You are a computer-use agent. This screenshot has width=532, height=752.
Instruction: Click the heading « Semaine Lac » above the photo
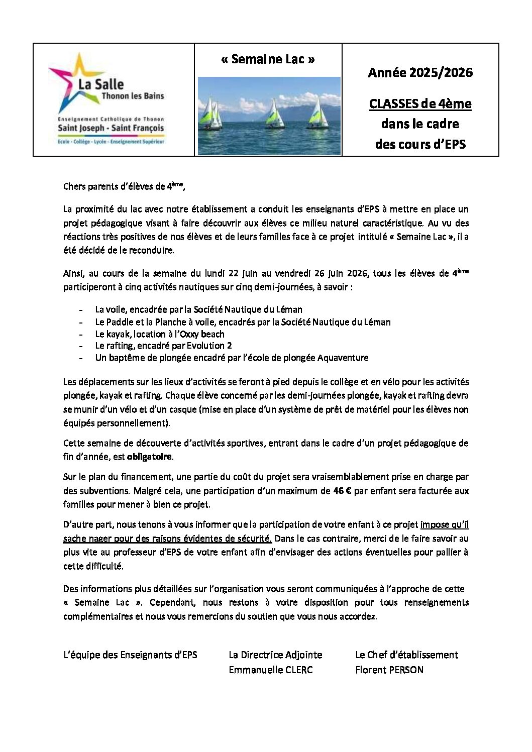click(268, 59)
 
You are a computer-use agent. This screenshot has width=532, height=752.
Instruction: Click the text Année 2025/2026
click(420, 73)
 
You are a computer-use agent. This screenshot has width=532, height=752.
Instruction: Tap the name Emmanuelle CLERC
click(270, 670)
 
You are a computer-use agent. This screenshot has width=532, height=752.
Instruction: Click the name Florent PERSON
click(389, 670)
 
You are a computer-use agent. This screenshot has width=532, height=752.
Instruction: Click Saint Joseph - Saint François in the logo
click(111, 128)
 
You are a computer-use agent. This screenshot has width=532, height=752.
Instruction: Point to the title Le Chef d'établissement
click(406, 655)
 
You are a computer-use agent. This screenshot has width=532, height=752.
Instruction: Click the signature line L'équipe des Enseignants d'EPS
click(130, 655)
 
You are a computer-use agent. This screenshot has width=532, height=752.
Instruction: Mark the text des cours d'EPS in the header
click(420, 144)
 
